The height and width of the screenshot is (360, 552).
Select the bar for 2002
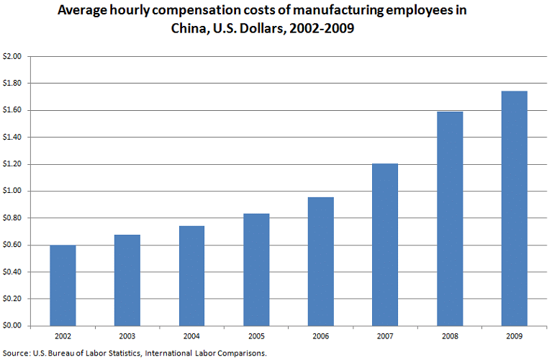[x=63, y=285]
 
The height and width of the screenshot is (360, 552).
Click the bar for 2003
[x=127, y=280]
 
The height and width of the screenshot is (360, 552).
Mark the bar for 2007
[x=385, y=245]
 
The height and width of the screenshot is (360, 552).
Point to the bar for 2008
[x=450, y=219]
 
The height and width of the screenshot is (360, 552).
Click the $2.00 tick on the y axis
[x=13, y=56]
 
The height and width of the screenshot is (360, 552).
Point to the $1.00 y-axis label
[x=13, y=191]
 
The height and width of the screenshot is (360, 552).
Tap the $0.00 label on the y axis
[x=13, y=326]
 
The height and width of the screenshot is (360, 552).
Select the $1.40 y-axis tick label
[x=13, y=137]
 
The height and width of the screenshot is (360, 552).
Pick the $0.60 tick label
[x=13, y=245]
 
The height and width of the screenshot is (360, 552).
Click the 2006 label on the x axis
[x=321, y=336]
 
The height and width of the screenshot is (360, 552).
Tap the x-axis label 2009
[x=515, y=336]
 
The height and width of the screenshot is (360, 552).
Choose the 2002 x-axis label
[x=63, y=336]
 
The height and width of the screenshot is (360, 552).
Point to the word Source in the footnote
[x=17, y=353]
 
